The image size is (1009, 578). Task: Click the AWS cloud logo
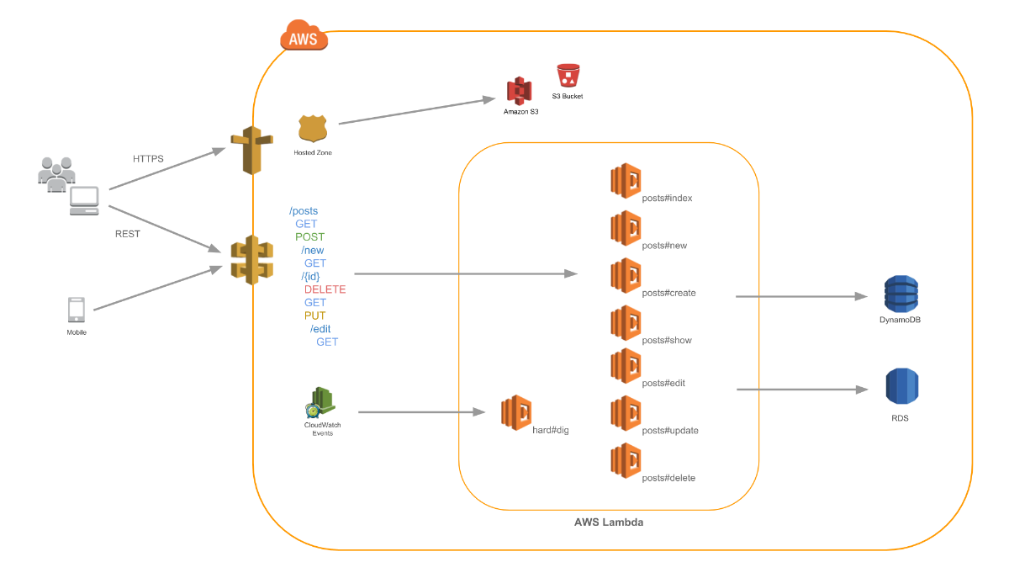[x=304, y=36]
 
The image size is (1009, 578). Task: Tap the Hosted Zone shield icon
[x=312, y=129]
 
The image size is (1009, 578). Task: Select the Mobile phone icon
[x=76, y=310]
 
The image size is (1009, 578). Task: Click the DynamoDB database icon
[x=901, y=294]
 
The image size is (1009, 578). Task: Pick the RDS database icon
[x=901, y=387]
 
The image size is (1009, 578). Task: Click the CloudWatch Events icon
[x=321, y=402]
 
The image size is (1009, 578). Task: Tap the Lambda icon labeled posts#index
[x=626, y=181]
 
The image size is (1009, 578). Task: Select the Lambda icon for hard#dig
[x=516, y=412]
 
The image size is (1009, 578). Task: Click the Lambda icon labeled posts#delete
[x=626, y=460]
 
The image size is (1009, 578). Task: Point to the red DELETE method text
[x=325, y=289]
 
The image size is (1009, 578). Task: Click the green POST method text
[x=309, y=237]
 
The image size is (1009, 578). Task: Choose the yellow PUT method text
[x=315, y=316]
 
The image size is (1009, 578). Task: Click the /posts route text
[x=304, y=211]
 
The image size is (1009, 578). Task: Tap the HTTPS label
[x=149, y=158]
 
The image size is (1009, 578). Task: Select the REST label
[x=128, y=234]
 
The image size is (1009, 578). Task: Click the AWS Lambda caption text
[x=609, y=522]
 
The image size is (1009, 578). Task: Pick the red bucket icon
[x=569, y=76]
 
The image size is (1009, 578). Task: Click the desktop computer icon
[x=84, y=200]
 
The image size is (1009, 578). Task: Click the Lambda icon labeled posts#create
[x=626, y=275]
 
